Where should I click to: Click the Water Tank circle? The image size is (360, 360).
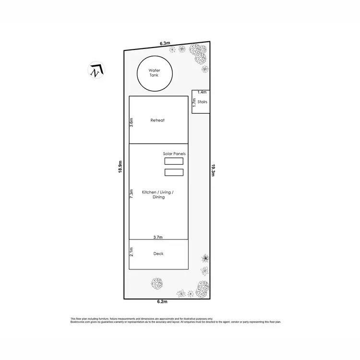(154, 74)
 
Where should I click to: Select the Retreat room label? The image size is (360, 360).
(157, 120)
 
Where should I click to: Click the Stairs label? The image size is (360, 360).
(202, 102)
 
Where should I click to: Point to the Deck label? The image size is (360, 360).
(158, 253)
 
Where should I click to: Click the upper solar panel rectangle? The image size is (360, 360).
(174, 161)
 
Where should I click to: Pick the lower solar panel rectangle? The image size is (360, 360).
(174, 172)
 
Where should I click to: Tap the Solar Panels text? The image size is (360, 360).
(174, 154)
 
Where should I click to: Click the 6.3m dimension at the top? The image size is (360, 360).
(165, 44)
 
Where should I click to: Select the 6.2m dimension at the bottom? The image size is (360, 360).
(162, 302)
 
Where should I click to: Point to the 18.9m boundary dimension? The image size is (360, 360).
(121, 167)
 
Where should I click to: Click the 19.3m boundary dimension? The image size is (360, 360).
(213, 170)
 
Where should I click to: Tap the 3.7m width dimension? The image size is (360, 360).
(158, 237)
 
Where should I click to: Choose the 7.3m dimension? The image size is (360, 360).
(131, 193)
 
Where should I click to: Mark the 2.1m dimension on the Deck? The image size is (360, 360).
(131, 251)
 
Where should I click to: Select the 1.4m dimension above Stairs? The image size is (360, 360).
(202, 92)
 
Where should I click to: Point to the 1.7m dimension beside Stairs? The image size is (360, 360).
(194, 102)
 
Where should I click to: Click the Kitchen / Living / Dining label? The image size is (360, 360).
(158, 194)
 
